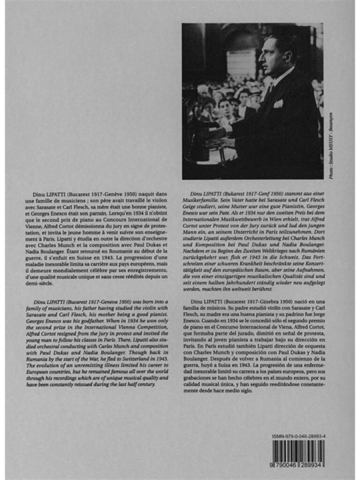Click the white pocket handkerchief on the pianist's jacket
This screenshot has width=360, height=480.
(278, 103)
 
